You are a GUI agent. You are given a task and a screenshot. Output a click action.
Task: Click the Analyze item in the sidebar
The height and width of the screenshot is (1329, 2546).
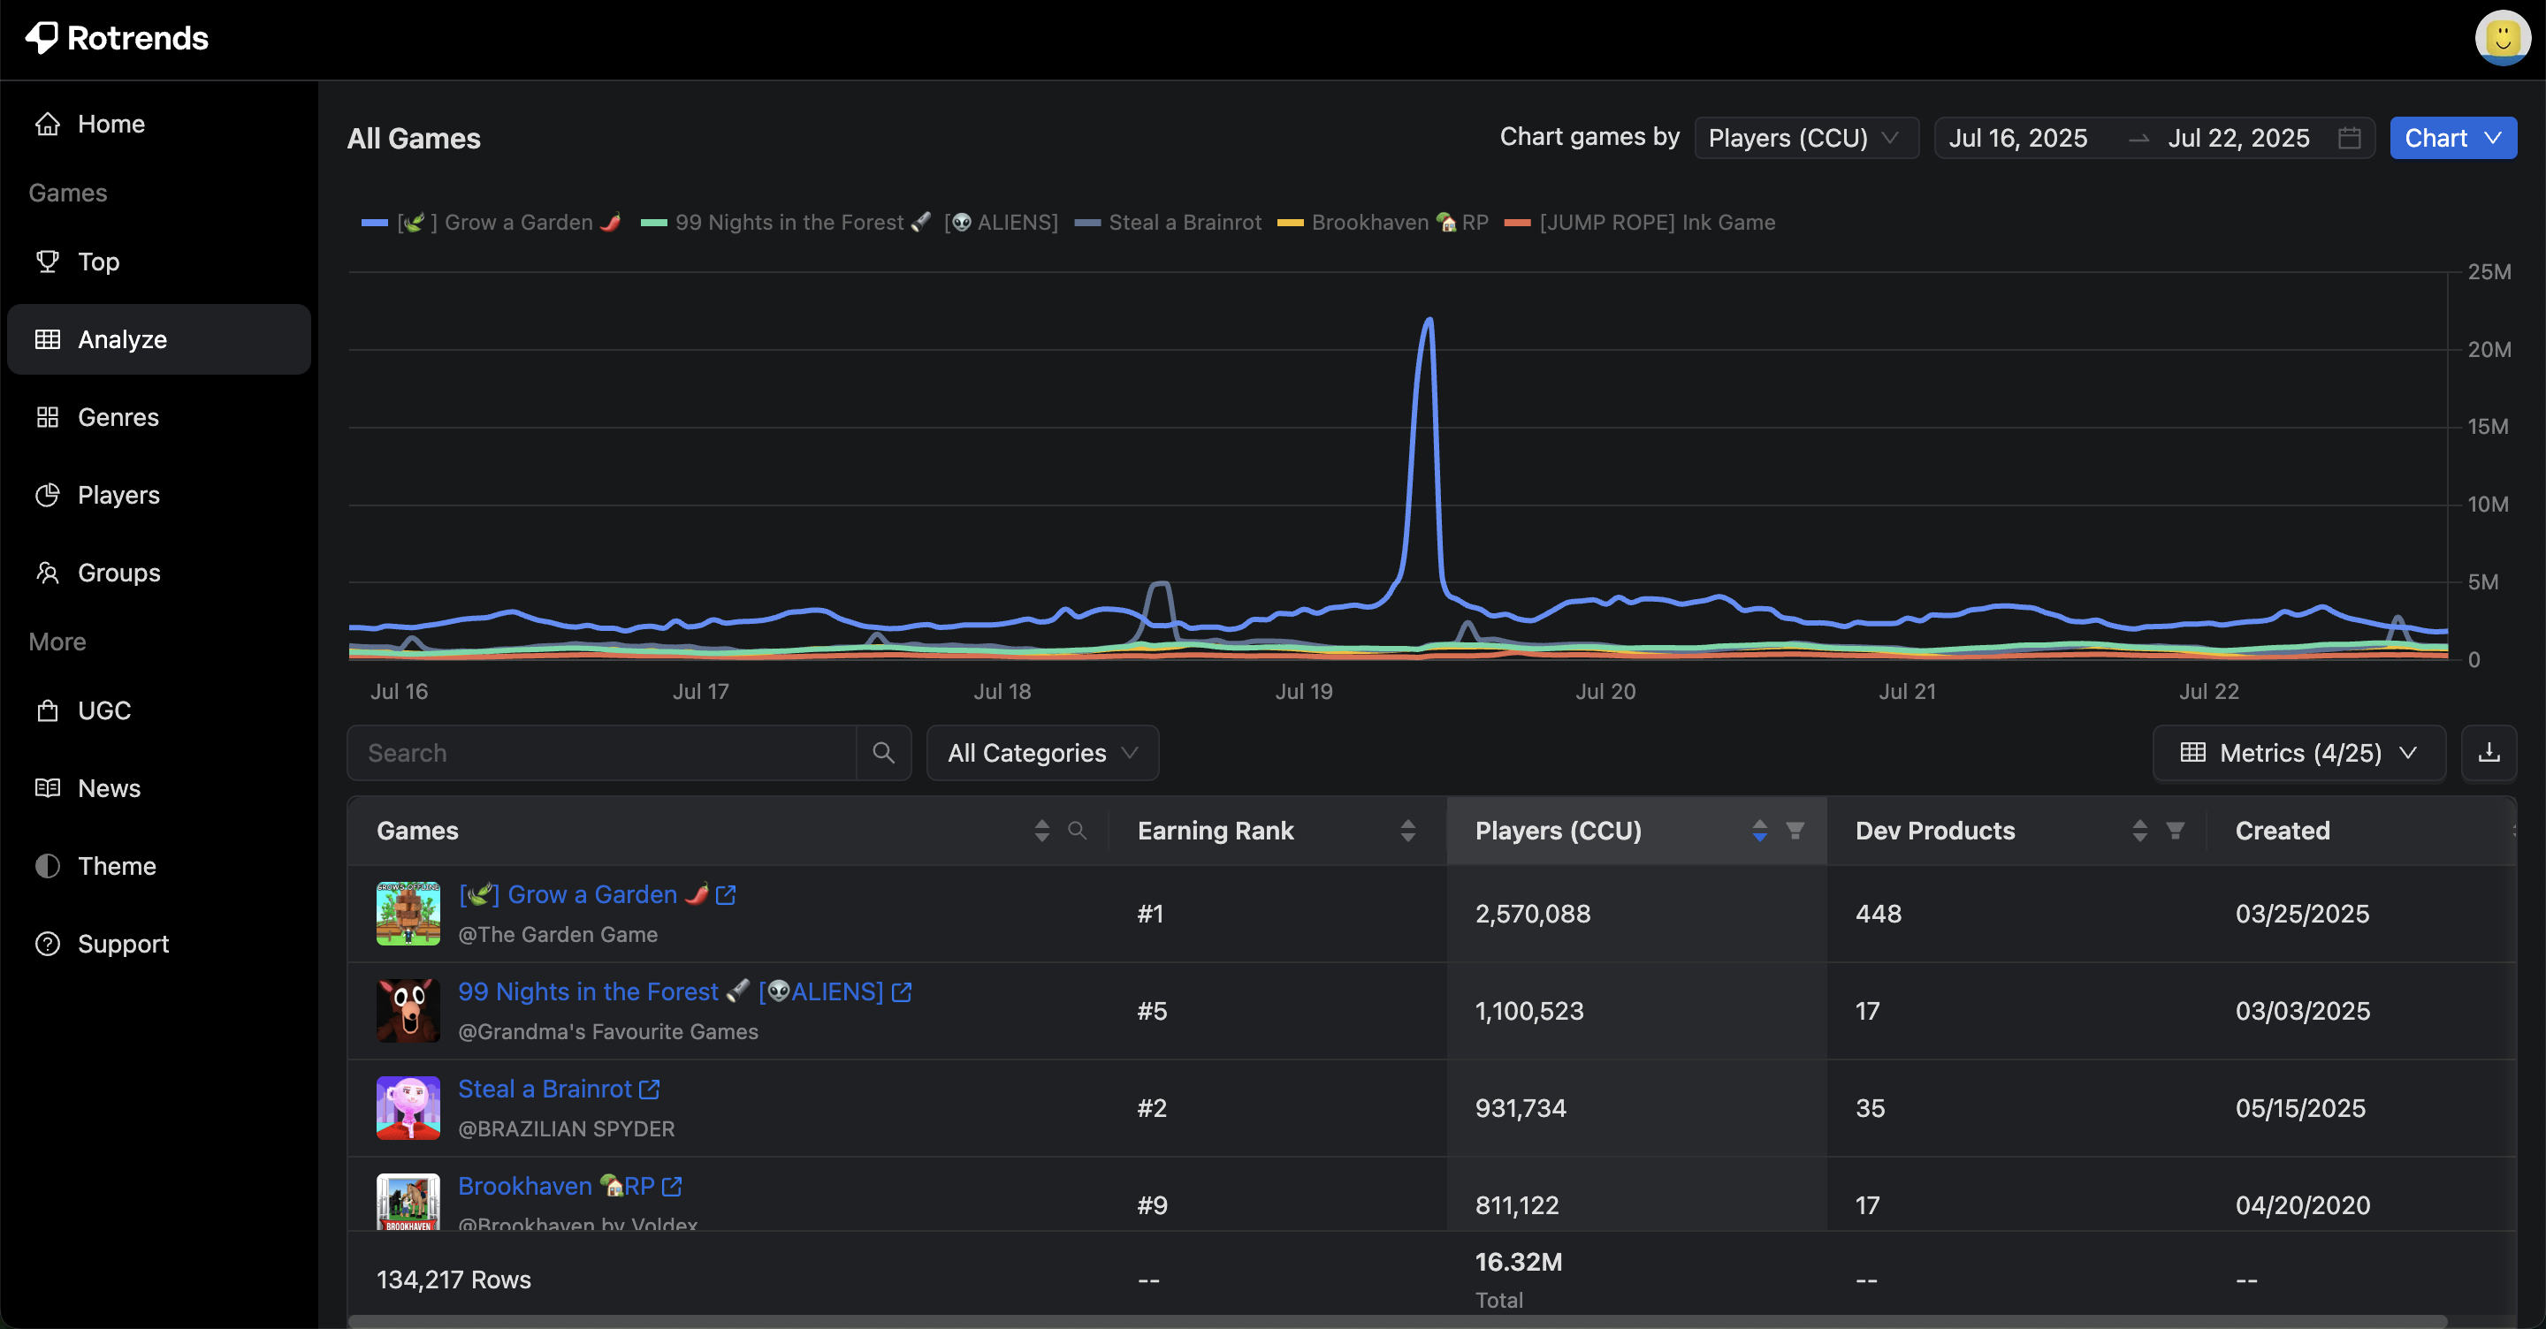click(x=122, y=339)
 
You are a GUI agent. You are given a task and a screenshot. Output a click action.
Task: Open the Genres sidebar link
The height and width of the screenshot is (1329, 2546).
click(x=118, y=417)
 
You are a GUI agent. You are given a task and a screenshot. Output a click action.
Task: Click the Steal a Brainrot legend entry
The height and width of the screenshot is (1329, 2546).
click(x=1183, y=223)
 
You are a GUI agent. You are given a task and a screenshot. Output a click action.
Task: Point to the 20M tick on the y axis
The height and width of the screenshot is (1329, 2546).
click(x=2488, y=349)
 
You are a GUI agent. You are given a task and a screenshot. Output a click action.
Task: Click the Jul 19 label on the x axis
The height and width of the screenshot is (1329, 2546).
click(x=1304, y=692)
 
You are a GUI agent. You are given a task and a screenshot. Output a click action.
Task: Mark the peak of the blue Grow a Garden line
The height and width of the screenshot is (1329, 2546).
click(x=1429, y=319)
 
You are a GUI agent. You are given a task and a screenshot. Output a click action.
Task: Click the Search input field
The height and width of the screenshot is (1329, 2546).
click(x=602, y=753)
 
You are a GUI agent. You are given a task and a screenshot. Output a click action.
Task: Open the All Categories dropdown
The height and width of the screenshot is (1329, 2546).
click(x=1041, y=753)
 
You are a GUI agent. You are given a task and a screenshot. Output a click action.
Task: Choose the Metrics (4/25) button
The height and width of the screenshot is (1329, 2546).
click(x=2298, y=753)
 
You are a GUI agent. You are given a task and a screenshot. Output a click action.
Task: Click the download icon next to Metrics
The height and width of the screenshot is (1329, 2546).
click(x=2488, y=753)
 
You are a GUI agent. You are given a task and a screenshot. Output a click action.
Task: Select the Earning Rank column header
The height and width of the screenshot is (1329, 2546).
click(x=1215, y=831)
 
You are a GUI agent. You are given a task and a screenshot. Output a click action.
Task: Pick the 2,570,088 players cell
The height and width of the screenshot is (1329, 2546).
click(x=1532, y=914)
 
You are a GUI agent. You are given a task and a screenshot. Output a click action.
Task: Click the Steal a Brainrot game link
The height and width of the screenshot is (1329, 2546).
click(x=545, y=1089)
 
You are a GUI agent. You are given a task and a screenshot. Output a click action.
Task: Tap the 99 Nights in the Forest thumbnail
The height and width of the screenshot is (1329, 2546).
click(x=408, y=1011)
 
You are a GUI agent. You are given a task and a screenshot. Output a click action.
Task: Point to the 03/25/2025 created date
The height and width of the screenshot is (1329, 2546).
click(x=2302, y=914)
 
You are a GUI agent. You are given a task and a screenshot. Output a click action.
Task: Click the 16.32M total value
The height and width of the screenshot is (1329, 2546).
click(x=1518, y=1262)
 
